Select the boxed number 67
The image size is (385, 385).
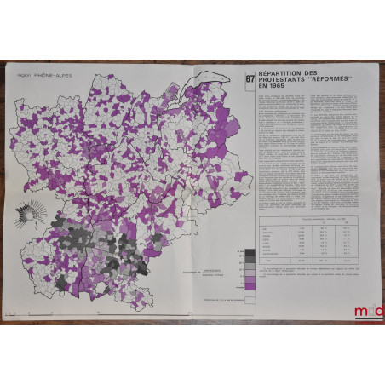tap(250, 83)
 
